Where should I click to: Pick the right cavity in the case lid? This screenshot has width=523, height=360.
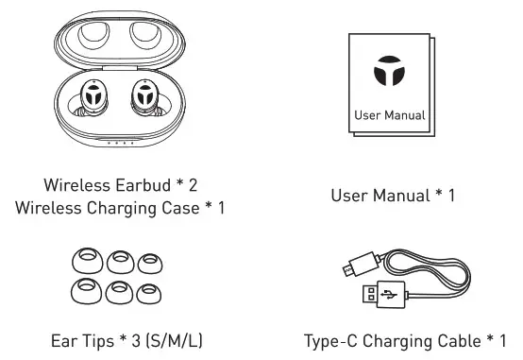[145, 35]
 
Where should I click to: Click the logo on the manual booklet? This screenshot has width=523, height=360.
[388, 74]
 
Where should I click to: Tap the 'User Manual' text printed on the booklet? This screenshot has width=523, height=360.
[389, 116]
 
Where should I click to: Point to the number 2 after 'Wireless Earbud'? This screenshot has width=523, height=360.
[192, 183]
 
